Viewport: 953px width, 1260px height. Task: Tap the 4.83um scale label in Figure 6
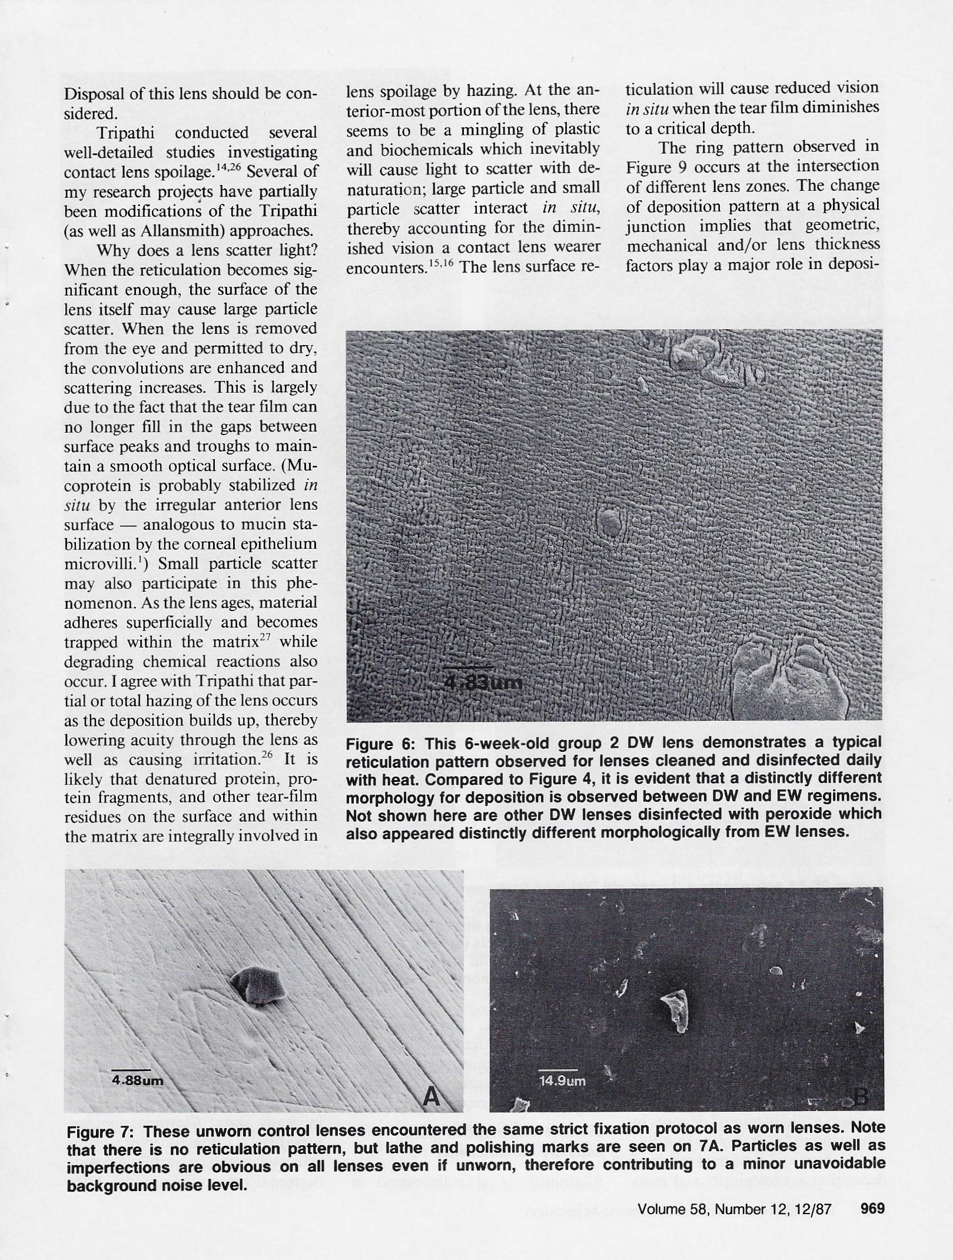click(x=482, y=683)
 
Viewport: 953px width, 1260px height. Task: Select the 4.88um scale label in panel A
click(x=138, y=1081)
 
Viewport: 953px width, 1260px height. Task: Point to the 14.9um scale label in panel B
click(x=562, y=1080)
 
